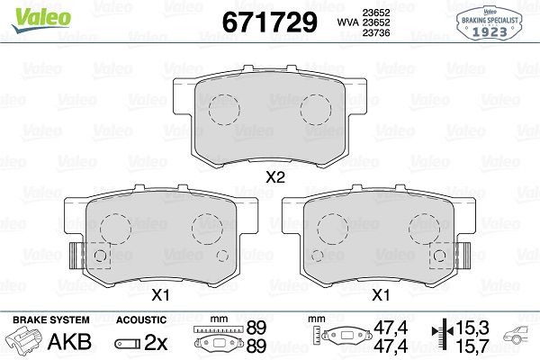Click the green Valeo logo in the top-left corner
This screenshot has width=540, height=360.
click(29, 13)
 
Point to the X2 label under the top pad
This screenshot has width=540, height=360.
click(275, 178)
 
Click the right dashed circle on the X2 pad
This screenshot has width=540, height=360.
click(316, 110)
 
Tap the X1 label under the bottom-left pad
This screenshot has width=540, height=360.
click(160, 294)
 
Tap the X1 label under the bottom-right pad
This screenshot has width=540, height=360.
click(381, 294)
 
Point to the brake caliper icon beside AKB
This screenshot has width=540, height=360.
click(26, 342)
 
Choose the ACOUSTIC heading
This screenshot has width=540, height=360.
click(141, 319)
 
